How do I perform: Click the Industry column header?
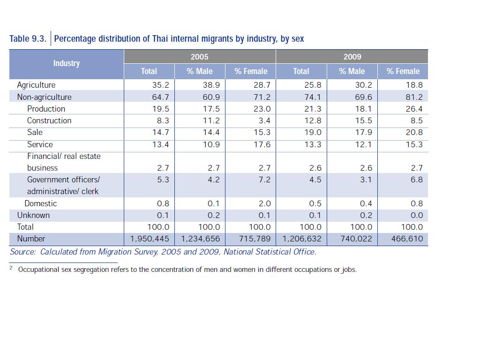(66, 63)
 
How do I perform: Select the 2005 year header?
(199, 57)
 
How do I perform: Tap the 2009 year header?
(352, 57)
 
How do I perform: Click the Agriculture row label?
(36, 85)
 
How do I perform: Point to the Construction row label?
(49, 120)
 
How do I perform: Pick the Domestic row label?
(41, 203)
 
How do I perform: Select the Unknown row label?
(33, 215)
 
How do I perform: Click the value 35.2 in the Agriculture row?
(161, 85)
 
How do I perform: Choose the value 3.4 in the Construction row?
(264, 120)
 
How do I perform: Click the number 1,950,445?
(150, 239)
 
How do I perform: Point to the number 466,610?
(407, 239)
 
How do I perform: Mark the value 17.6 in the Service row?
(262, 144)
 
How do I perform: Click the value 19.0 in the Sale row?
(313, 133)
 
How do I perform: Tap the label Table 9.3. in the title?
(28, 39)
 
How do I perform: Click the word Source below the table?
(22, 252)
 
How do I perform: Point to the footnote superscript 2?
(11, 268)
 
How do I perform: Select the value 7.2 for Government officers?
(264, 180)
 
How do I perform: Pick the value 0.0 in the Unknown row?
(416, 216)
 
